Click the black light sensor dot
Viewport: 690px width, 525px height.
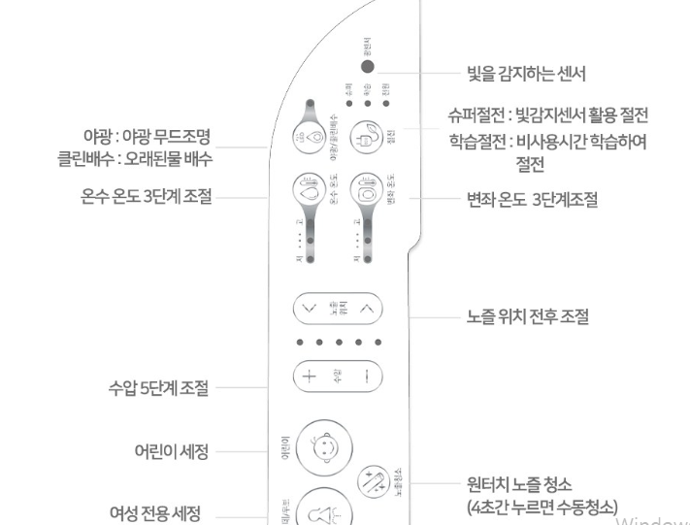coord(368,68)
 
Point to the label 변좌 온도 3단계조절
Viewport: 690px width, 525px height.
coord(531,201)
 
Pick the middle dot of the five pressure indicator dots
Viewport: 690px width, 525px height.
coord(339,342)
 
